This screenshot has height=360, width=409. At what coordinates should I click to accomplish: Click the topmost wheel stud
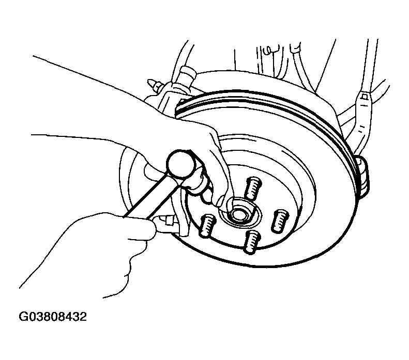click(252, 188)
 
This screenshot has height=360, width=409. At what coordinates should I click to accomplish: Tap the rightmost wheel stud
click(280, 221)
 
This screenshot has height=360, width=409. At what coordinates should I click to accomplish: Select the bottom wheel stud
click(252, 242)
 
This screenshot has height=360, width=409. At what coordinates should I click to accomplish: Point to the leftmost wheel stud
click(208, 226)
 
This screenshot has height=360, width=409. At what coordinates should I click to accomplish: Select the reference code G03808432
click(53, 317)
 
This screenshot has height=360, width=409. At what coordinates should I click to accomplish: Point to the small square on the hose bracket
click(365, 97)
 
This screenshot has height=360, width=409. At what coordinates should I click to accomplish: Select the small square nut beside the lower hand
click(168, 221)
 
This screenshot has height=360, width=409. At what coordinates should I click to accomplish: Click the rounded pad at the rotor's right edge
click(363, 175)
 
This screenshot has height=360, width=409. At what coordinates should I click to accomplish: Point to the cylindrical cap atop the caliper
click(188, 73)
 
